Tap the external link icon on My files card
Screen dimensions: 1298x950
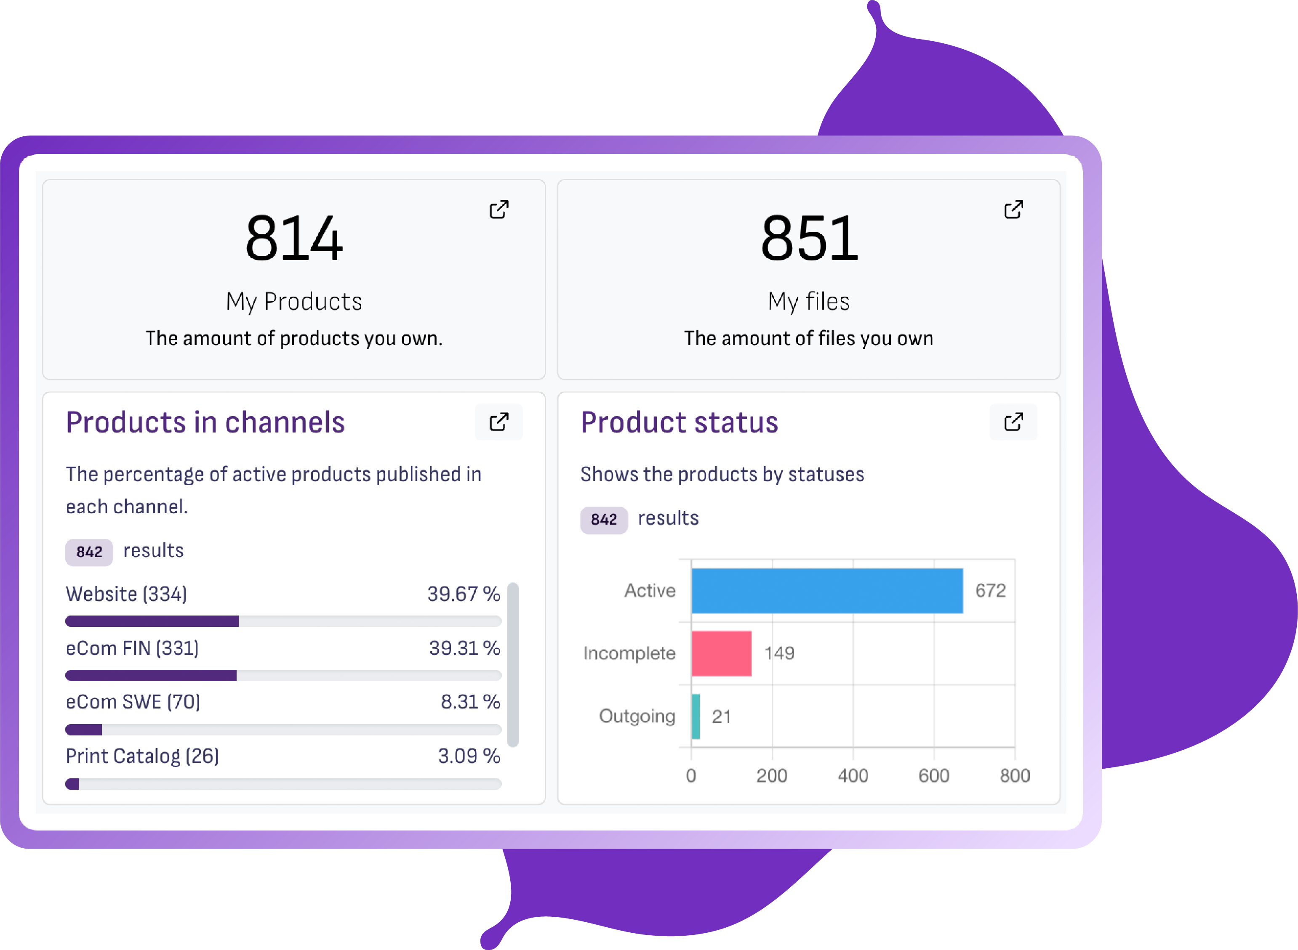[x=1014, y=210]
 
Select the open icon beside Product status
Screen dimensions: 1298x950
[x=1014, y=422]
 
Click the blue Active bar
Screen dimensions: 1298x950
[x=827, y=591]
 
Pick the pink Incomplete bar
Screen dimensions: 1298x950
[x=722, y=653]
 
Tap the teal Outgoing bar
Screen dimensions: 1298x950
[x=696, y=716]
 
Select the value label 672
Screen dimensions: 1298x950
[x=990, y=591]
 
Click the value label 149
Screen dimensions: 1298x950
[x=779, y=653]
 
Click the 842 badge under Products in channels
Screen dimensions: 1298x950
[x=89, y=552]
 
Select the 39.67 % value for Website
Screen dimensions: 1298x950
[x=464, y=594]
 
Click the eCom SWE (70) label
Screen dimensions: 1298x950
[x=133, y=702]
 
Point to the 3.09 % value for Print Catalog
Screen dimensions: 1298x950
[x=469, y=756]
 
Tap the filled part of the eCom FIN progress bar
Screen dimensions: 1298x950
[x=151, y=675]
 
